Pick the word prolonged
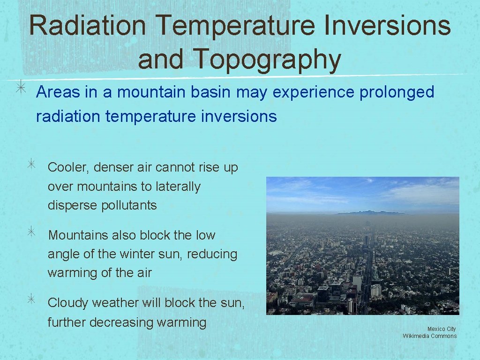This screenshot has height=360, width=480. [x=397, y=92]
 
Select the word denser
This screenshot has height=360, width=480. [x=113, y=167]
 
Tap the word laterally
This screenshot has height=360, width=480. [x=176, y=187]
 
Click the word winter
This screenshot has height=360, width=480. [x=141, y=254]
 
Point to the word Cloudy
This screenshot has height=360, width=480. [x=68, y=303]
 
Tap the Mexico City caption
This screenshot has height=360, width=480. [x=441, y=329]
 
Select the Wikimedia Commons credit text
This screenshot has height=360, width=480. [x=429, y=336]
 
